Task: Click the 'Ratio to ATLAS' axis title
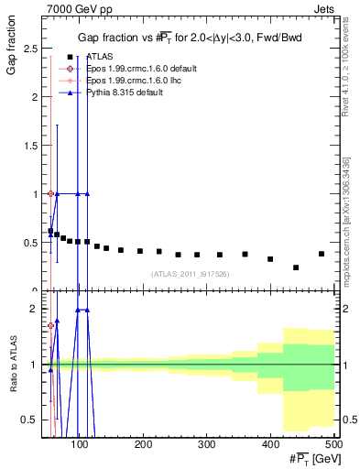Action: pyautogui.click(x=10, y=388)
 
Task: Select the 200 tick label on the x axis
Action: pyautogui.click(x=143, y=444)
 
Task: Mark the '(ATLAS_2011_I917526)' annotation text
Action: pyautogui.click(x=190, y=273)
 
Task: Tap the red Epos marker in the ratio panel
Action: pyautogui.click(x=50, y=325)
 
